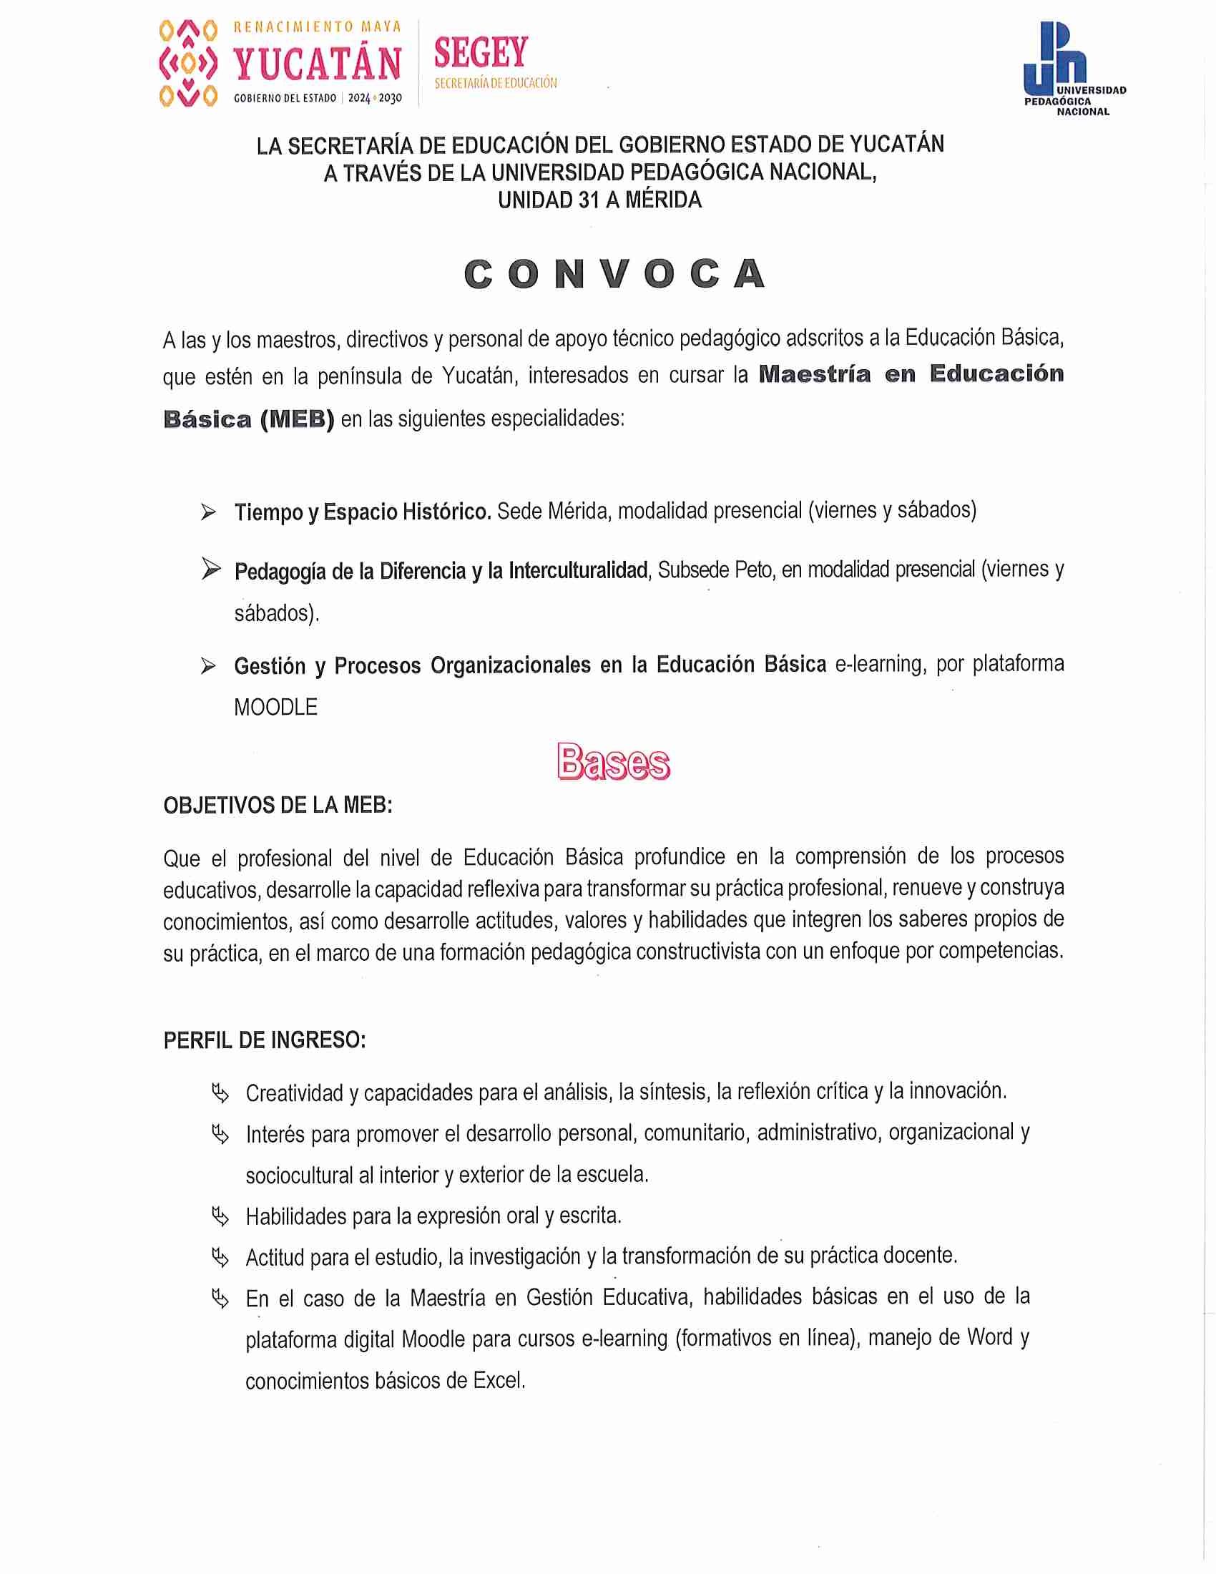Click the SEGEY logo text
(481, 54)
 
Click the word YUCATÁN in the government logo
(317, 64)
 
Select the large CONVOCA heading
(614, 275)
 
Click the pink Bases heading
(613, 762)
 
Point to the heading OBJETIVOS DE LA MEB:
(278, 806)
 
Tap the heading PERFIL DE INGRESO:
(265, 1041)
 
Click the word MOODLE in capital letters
(275, 707)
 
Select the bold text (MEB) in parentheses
(297, 419)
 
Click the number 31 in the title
(589, 200)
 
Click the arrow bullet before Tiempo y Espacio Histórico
(209, 512)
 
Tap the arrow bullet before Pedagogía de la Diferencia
(210, 570)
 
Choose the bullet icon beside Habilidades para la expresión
(220, 1217)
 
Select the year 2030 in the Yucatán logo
(390, 98)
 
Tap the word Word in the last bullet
(990, 1338)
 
